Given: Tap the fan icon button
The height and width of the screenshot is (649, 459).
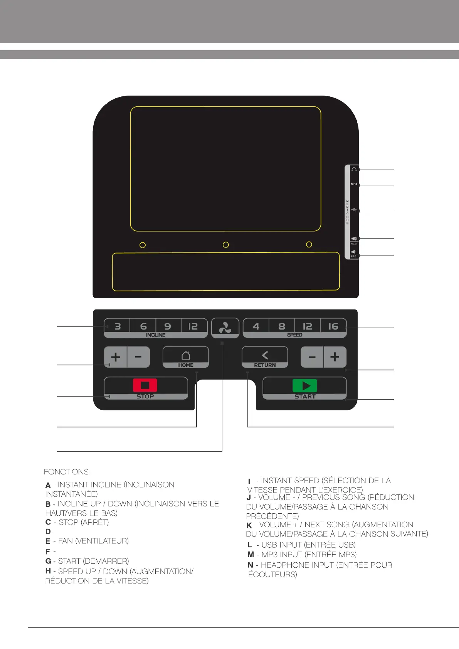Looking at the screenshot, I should click(x=225, y=328).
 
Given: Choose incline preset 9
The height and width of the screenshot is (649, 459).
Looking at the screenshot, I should click(x=168, y=326).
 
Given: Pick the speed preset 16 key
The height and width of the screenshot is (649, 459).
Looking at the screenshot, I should click(x=333, y=326).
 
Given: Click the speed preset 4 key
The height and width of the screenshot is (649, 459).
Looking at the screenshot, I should click(x=256, y=326).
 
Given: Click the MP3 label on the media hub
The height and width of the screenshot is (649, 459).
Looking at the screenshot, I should click(x=354, y=184).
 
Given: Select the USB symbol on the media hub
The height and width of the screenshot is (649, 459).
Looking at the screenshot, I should click(x=354, y=210).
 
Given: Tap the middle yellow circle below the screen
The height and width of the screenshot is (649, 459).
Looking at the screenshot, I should click(x=226, y=245).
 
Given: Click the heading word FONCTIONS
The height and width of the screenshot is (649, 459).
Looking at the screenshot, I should click(x=66, y=472).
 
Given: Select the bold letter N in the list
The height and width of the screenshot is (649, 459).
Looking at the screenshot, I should click(x=251, y=565).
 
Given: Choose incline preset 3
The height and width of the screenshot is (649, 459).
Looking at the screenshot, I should click(x=118, y=326).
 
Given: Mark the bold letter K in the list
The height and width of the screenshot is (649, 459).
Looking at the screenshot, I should click(x=249, y=525).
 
